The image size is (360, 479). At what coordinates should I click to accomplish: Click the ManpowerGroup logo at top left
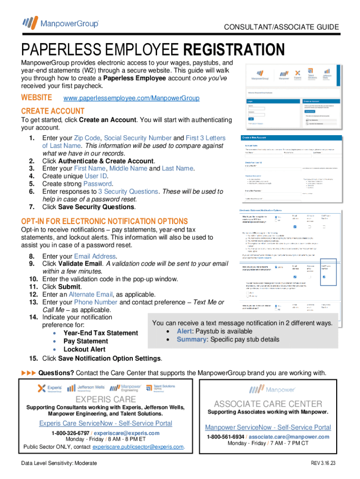[60, 22]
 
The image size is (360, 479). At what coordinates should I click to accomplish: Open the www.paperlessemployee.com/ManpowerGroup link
[131, 98]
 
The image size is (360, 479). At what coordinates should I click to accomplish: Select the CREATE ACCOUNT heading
[53, 111]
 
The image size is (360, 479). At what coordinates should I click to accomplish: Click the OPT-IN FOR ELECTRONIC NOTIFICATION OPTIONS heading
[105, 221]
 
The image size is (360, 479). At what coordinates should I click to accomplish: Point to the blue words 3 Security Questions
[128, 191]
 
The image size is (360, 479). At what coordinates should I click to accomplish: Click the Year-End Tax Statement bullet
[101, 333]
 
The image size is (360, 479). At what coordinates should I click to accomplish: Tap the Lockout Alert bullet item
[84, 349]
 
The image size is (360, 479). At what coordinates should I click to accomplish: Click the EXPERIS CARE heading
[106, 399]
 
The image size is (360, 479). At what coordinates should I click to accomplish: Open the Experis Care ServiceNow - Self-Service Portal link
[106, 423]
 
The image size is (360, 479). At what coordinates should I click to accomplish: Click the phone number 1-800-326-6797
[71, 433]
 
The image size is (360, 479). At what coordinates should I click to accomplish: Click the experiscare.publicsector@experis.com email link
[138, 447]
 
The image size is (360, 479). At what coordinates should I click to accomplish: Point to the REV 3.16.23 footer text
[325, 463]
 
